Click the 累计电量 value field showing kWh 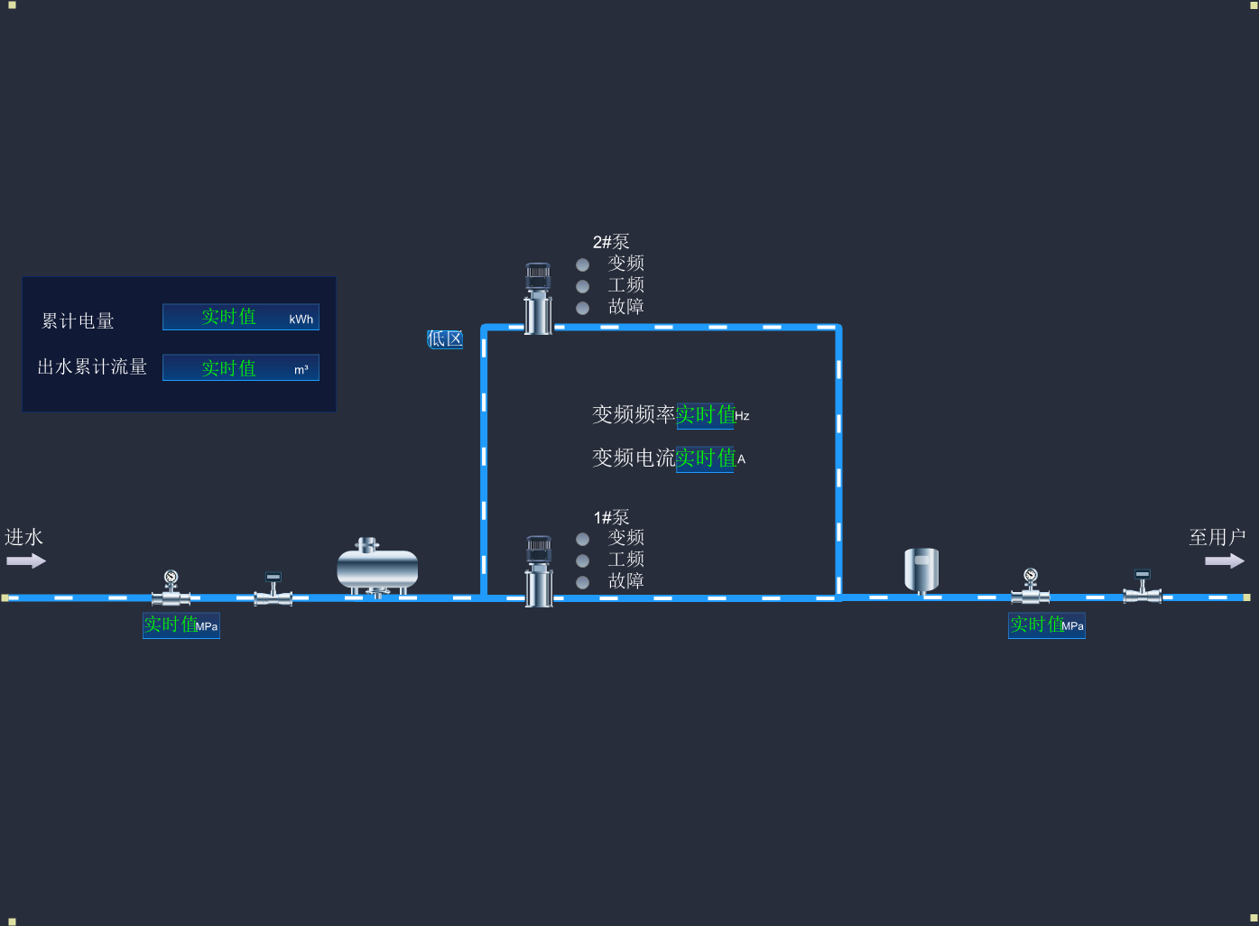pos(240,317)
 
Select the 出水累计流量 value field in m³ pos(240,367)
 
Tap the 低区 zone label pos(445,339)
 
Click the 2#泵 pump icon pos(538,298)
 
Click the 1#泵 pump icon pos(539,571)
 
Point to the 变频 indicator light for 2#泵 pos(583,264)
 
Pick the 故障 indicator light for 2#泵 pos(583,308)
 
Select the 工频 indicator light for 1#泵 pos(583,560)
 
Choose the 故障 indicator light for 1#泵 pos(583,582)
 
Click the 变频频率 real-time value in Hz pos(705,415)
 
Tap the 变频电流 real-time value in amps pos(705,458)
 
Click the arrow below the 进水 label pos(26,560)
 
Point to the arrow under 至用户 pos(1224,560)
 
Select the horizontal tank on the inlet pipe pos(377,569)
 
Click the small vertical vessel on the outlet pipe pos(921,569)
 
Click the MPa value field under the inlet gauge pos(181,625)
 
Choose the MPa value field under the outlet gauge pos(1046,625)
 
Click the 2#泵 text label pos(611,242)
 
